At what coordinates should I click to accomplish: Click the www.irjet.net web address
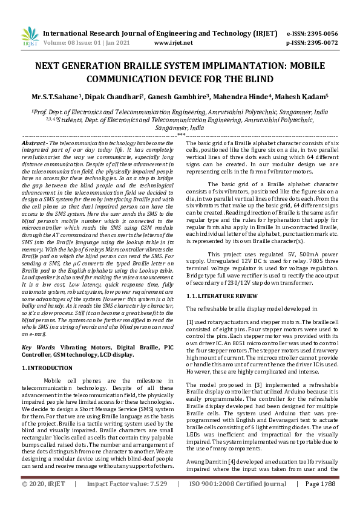(174, 43)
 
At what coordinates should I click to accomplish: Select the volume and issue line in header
(90, 43)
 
